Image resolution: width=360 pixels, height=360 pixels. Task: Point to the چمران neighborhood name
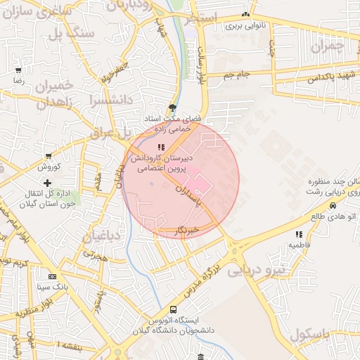(x=330, y=46)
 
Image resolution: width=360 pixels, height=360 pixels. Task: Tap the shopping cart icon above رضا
(x=18, y=70)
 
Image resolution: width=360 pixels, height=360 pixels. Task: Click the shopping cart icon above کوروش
(x=48, y=156)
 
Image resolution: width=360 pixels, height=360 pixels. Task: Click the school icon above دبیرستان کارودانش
(x=161, y=147)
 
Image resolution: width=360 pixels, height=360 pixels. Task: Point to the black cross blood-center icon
(x=48, y=184)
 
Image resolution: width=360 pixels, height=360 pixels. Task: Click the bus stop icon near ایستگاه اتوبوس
(x=173, y=309)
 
